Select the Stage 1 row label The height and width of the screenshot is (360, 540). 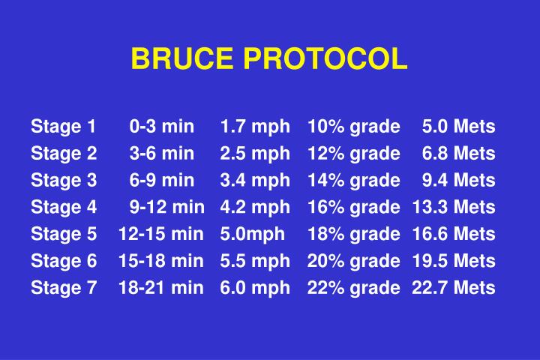click(64, 126)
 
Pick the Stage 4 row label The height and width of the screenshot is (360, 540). click(64, 207)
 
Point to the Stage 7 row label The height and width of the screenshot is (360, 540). click(64, 288)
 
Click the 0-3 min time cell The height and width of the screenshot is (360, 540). click(161, 126)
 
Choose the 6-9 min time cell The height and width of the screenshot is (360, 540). click(161, 180)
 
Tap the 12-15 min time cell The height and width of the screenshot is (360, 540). click(160, 234)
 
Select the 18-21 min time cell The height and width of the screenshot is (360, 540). click(160, 288)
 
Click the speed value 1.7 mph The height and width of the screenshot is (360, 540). click(255, 126)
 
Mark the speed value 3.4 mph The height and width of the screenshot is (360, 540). click(255, 180)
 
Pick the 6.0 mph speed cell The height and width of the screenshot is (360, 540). click(255, 288)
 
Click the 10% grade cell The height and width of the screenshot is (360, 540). click(353, 126)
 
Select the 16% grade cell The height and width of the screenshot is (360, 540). click(353, 207)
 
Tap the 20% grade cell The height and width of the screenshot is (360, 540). click(353, 261)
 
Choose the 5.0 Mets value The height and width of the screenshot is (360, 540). click(458, 126)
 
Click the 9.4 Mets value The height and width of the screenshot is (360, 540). click(458, 180)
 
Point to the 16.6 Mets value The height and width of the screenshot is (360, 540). click(453, 234)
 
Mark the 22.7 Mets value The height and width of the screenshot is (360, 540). click(453, 288)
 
